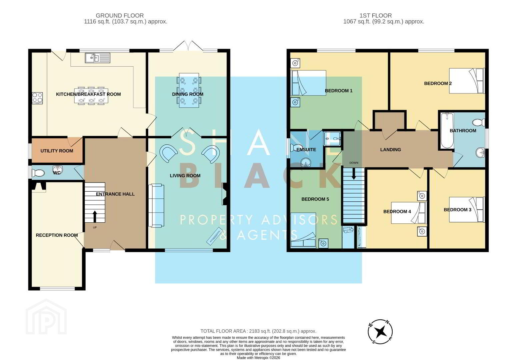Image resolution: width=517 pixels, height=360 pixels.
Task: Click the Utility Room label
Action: (57, 151)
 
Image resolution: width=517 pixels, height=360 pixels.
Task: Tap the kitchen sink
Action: (98, 58)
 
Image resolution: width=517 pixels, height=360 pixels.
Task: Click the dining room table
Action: (189, 90)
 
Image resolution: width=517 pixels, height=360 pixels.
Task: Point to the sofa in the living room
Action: (156, 205)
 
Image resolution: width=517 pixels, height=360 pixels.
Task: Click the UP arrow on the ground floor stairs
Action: (95, 216)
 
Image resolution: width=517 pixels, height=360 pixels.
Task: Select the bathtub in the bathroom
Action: (447, 130)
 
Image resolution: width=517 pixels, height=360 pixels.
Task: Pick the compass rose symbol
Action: (380, 332)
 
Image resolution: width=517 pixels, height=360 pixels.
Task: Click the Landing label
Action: (391, 150)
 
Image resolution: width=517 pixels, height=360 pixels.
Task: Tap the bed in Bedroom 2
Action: (467, 81)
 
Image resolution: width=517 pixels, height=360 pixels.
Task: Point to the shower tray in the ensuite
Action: (332, 139)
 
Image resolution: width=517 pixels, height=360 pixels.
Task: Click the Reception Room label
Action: (57, 235)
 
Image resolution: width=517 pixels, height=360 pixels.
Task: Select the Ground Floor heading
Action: (120, 15)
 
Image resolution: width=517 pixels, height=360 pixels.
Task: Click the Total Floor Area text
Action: (258, 331)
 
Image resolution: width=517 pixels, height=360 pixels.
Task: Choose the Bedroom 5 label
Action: (315, 199)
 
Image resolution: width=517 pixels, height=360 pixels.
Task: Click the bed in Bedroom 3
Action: (467, 210)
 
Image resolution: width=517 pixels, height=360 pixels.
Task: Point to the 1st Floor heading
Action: (376, 15)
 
